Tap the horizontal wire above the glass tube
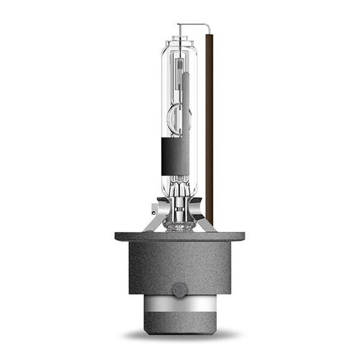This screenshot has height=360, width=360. pyautogui.click(x=192, y=25)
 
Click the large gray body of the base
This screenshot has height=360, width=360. pyautogui.click(x=180, y=264)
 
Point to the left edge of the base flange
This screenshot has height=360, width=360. pyautogui.click(x=116, y=235)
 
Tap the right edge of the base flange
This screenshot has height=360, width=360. pyautogui.click(x=244, y=235)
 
